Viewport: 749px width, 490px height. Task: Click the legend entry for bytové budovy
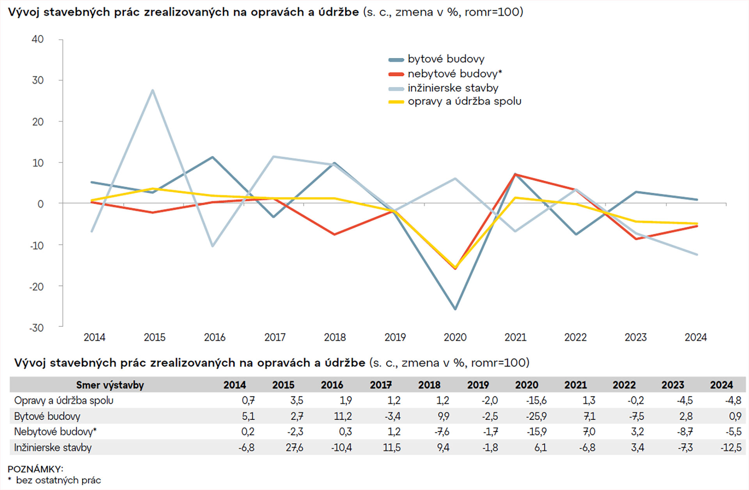[x=446, y=59]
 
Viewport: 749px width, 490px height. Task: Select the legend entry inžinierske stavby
[x=453, y=88]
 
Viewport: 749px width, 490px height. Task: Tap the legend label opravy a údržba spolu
[x=464, y=101]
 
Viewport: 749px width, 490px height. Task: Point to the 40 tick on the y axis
[x=38, y=39]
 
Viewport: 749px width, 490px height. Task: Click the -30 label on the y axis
[x=37, y=328]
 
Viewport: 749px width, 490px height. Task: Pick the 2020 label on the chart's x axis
[x=455, y=337]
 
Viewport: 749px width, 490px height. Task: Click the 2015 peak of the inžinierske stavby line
[x=153, y=90]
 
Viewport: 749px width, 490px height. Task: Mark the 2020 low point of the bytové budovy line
[x=455, y=309]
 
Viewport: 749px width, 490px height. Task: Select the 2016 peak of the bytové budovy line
[x=213, y=157]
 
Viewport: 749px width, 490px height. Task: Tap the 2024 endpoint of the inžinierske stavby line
[x=697, y=255]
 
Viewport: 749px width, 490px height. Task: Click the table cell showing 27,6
[x=294, y=448]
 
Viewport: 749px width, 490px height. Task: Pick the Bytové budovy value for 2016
[x=343, y=416]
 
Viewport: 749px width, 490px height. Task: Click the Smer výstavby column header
[x=110, y=385]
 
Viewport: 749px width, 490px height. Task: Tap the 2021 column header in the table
[x=575, y=385]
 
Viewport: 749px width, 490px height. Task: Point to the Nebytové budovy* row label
[x=55, y=432]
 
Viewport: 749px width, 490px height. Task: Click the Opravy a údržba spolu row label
[x=64, y=401]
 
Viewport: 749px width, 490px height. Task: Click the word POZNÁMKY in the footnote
[x=35, y=469]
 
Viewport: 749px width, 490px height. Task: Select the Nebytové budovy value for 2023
[x=685, y=432]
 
